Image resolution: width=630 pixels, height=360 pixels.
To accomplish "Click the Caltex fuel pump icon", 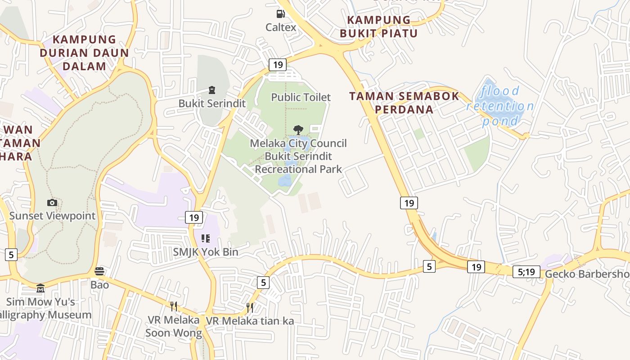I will [281, 14].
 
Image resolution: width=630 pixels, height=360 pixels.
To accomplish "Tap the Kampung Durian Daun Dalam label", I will [84, 53].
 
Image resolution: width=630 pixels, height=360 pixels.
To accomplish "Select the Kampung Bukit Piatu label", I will [378, 27].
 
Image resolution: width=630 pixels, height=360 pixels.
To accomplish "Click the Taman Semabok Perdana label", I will [404, 103].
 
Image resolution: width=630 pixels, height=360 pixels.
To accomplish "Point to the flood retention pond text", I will [500, 106].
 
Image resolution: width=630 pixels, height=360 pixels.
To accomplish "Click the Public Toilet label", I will [301, 97].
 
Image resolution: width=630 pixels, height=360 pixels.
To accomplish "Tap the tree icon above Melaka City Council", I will [298, 130].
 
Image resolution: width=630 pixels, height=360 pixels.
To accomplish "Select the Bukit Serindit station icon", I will [212, 90].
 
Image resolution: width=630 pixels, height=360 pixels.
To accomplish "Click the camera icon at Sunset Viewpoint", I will [52, 203].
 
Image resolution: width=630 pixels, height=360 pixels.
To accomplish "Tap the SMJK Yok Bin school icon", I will [206, 238].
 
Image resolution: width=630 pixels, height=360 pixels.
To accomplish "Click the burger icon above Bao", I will [99, 271].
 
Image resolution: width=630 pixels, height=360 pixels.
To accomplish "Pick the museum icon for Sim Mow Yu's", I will [40, 288].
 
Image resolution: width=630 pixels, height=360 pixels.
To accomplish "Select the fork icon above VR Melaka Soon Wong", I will [173, 306].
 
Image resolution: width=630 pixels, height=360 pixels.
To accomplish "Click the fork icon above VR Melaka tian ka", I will [250, 308].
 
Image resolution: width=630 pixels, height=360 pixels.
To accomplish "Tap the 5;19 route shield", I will [526, 272].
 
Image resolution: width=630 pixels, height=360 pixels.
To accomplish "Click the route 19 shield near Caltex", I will [278, 65].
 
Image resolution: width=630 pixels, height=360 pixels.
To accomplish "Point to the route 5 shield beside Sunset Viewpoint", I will [11, 255].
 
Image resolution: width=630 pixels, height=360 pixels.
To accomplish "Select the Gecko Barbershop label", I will [587, 274].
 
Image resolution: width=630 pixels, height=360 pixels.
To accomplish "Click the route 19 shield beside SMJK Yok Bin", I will [194, 218].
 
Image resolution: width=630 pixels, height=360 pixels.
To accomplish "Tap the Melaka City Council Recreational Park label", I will [298, 156].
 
